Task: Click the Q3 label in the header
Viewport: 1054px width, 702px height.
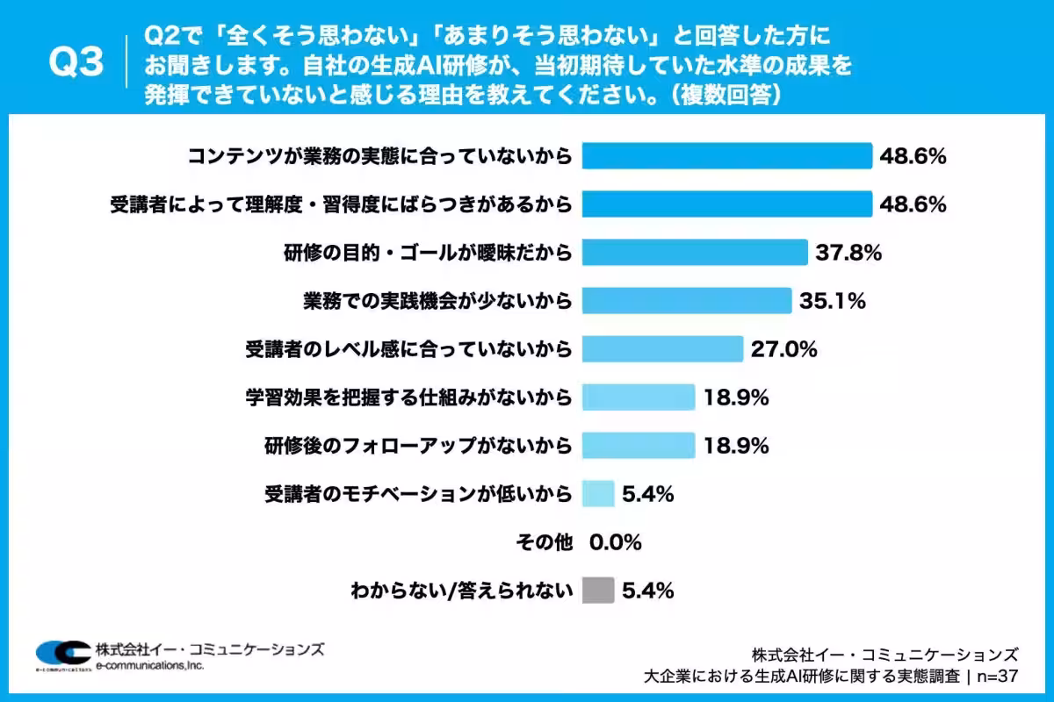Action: pyautogui.click(x=76, y=61)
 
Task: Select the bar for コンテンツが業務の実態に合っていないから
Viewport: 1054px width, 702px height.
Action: pyautogui.click(x=727, y=155)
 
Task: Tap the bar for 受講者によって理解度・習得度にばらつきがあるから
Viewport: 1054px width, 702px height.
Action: pyautogui.click(x=727, y=204)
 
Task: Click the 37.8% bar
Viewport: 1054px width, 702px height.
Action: pyautogui.click(x=695, y=253)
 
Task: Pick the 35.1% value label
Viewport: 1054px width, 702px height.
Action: pyautogui.click(x=833, y=301)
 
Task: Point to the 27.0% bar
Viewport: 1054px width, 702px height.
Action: pyautogui.click(x=662, y=349)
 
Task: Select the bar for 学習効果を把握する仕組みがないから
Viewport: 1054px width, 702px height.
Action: pyautogui.click(x=639, y=398)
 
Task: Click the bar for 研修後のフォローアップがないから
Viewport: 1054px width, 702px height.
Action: pyautogui.click(x=639, y=445)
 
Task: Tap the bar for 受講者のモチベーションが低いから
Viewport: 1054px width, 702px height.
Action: pyautogui.click(x=598, y=494)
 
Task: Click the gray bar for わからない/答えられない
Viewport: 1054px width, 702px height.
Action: pyautogui.click(x=598, y=590)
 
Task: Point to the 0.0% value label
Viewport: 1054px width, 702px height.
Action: pyautogui.click(x=616, y=542)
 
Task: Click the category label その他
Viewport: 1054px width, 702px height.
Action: pyautogui.click(x=545, y=542)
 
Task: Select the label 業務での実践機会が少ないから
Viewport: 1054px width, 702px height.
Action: pyautogui.click(x=437, y=301)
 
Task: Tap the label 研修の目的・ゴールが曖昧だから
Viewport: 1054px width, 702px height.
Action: pyautogui.click(x=428, y=253)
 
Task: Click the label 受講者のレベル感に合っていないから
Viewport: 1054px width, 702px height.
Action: pyautogui.click(x=408, y=349)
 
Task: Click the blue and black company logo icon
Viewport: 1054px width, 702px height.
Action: pyautogui.click(x=63, y=655)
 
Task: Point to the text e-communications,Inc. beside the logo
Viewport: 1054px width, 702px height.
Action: pyautogui.click(x=149, y=666)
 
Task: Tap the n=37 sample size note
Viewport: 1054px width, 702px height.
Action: pyautogui.click(x=998, y=677)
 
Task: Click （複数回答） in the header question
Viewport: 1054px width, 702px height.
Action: pyautogui.click(x=726, y=95)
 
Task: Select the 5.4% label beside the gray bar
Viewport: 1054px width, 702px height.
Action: pyautogui.click(x=648, y=591)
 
